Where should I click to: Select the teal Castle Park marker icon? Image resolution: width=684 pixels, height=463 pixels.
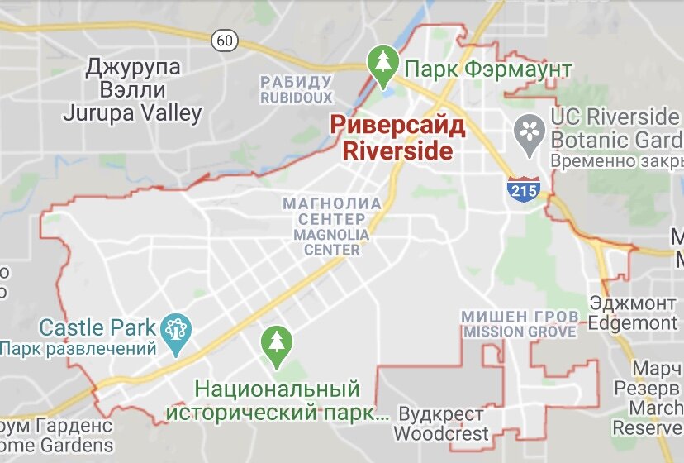pos(177,330)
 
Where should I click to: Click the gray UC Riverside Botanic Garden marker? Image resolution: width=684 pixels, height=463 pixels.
pos(527,133)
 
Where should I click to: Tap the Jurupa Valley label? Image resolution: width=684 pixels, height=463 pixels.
pos(132,113)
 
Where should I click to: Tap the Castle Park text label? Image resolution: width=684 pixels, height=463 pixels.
pos(97,327)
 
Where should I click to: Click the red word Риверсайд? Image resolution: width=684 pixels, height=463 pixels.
pos(397,126)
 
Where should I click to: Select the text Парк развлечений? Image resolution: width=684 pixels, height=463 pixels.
pos(78,349)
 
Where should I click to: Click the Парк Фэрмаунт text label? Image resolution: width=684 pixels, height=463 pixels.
pos(489,69)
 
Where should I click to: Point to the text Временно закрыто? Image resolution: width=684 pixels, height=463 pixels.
pos(616,160)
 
